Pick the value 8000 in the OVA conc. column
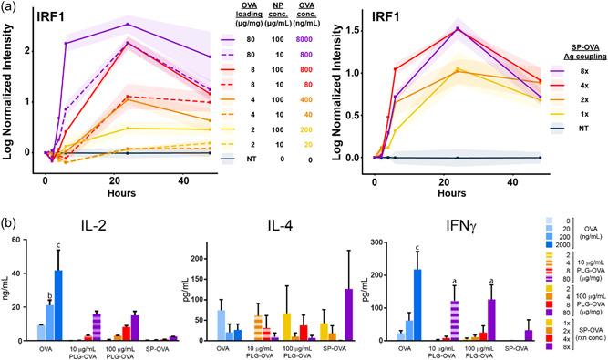pyautogui.click(x=306, y=39)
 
